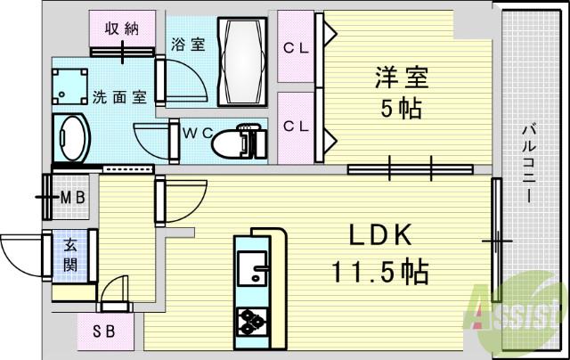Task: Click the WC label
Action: (x=196, y=134)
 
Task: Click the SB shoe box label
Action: (x=105, y=333)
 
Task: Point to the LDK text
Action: (x=379, y=235)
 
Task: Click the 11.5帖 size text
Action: (x=379, y=269)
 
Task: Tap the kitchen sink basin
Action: (x=254, y=265)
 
